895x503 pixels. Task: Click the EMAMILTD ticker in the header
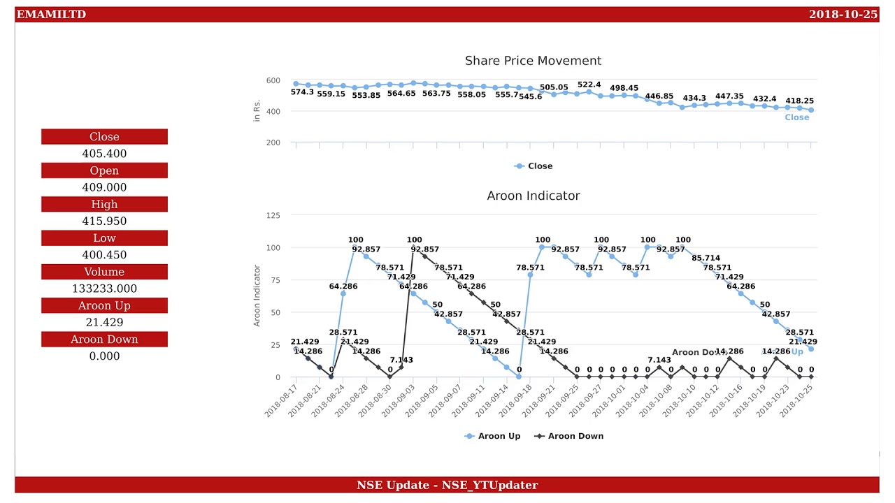(51, 15)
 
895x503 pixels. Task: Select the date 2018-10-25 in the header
(843, 15)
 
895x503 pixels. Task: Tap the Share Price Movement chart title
(533, 61)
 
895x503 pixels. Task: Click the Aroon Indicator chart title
(533, 196)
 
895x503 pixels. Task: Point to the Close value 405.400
(104, 154)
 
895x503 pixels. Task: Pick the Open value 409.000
(104, 187)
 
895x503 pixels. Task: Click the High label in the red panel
(104, 204)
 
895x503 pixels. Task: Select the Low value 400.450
(104, 255)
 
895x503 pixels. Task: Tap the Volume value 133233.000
(104, 289)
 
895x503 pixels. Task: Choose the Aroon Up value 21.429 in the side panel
(104, 322)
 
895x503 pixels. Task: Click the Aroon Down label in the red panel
(104, 340)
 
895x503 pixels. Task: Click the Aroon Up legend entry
(499, 436)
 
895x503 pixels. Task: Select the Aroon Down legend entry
(575, 436)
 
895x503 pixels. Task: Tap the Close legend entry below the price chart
(539, 166)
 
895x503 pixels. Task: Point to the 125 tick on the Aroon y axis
(273, 215)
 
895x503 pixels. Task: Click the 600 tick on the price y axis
(273, 81)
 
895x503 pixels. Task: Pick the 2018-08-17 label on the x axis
(282, 400)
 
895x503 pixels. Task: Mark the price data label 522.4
(589, 85)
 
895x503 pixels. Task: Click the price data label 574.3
(302, 92)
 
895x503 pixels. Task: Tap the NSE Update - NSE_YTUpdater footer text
(447, 485)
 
